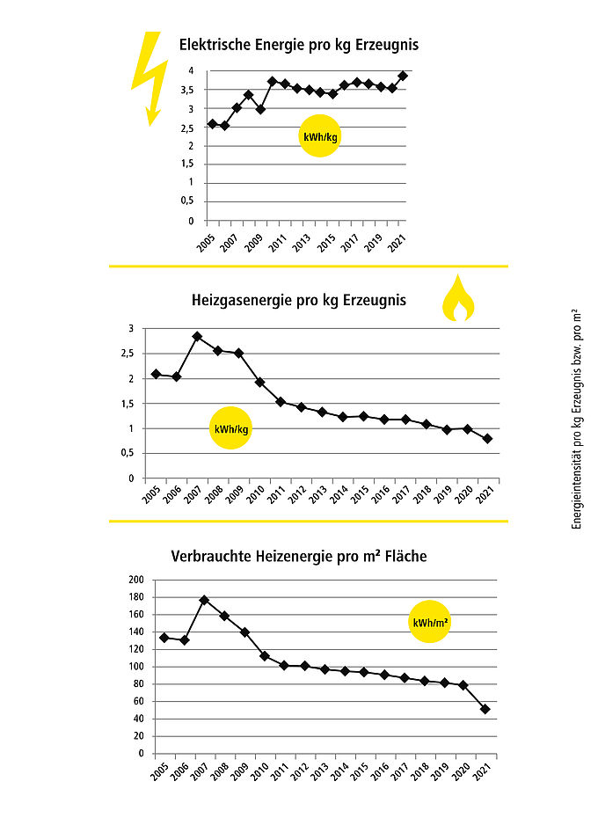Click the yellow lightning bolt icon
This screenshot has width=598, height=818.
coord(150,78)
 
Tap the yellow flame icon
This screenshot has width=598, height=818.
coord(458,299)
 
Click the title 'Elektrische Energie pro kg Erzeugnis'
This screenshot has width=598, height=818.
coord(299,45)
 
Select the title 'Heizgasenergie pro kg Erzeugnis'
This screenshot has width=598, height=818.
coord(298,301)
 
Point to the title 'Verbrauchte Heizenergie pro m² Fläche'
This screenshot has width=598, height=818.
coord(298,556)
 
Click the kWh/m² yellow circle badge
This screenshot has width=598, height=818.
coord(429,622)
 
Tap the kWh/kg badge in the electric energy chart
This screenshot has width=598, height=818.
coord(320,136)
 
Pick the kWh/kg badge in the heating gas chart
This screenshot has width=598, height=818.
coord(230,428)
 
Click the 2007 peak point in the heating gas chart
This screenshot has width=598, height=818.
coord(197,337)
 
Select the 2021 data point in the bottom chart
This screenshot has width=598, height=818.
coord(485,709)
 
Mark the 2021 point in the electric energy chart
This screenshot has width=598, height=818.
coord(402,76)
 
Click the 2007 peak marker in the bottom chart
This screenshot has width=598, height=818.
coord(204,600)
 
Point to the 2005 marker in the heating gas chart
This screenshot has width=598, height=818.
coord(156,374)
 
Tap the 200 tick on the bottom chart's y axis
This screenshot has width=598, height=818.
coord(136,580)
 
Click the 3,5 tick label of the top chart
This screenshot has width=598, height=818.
coord(186,91)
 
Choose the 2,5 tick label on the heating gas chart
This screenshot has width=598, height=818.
coord(128,354)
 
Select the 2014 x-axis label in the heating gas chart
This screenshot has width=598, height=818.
coord(339,493)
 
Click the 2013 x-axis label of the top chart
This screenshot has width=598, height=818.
coord(301,243)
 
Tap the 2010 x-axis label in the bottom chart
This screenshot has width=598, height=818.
coord(259,771)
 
